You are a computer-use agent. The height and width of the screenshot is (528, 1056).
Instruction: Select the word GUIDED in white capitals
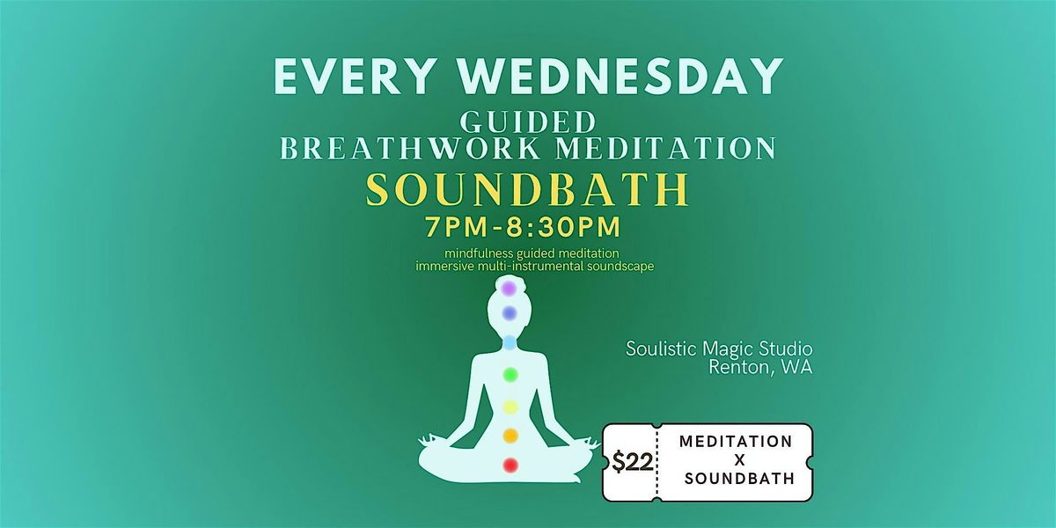click(528, 121)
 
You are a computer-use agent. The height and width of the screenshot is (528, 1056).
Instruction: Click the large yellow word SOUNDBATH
click(528, 189)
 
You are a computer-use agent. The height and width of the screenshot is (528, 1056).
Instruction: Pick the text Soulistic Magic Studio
click(719, 348)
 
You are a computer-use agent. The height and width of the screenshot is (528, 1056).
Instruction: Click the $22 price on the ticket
click(631, 462)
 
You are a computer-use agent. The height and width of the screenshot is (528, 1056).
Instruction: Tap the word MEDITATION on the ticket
click(736, 440)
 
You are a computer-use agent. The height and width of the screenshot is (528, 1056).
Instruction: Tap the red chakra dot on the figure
click(510, 464)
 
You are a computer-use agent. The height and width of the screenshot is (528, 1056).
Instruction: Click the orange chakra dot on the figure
click(510, 435)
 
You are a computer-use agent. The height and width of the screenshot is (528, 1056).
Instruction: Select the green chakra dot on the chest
click(510, 375)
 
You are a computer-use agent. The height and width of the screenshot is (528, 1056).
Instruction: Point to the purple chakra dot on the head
click(509, 288)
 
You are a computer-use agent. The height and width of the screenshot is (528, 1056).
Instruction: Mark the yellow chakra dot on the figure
click(510, 406)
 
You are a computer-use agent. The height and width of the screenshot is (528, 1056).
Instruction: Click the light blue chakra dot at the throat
click(510, 342)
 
